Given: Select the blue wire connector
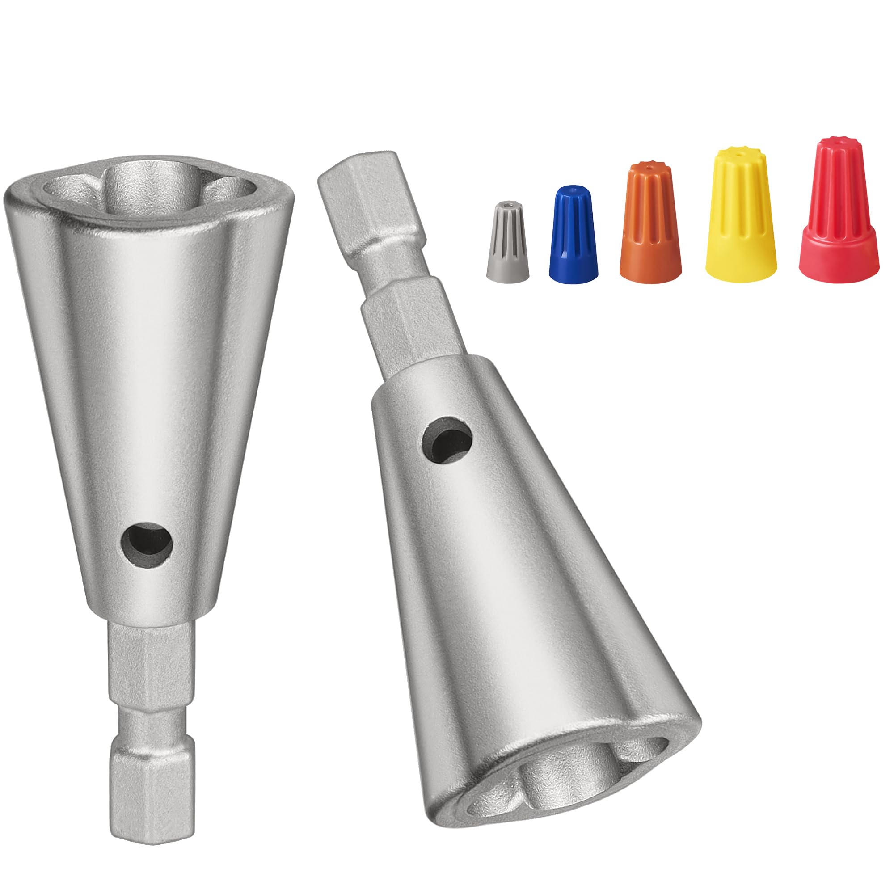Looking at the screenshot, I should pos(573,236).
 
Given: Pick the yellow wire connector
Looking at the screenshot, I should pos(740,218).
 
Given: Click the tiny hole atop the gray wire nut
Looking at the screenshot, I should pos(509,203).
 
